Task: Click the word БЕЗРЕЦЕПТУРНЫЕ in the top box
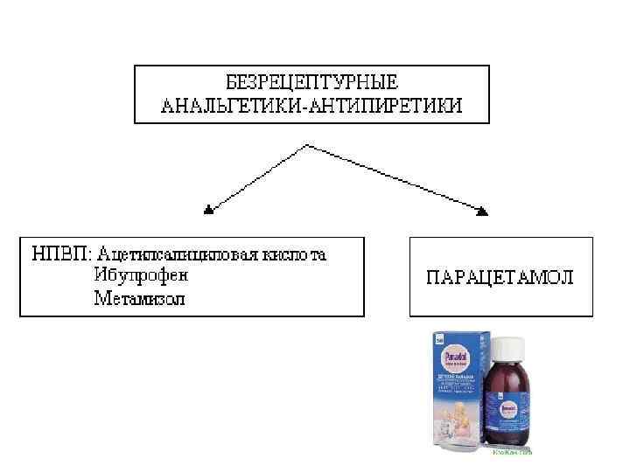311,83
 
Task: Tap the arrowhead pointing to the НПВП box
208,210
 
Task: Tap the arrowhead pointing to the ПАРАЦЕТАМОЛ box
481,210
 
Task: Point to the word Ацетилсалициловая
173,255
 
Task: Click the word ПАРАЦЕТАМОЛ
500,277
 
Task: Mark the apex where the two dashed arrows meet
304,145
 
